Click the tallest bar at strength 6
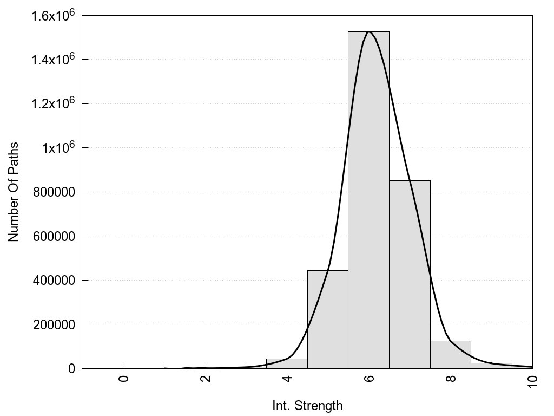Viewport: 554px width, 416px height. pos(368,200)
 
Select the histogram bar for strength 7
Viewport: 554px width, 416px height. pos(410,274)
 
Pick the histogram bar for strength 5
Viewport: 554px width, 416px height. pos(327,320)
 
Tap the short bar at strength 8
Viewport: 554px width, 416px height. pos(451,355)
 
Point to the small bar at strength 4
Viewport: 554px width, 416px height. pos(287,363)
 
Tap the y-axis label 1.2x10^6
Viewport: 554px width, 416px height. pos(52,103)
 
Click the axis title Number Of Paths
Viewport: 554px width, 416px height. pos(14,192)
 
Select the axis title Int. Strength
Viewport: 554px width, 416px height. pos(307,405)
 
